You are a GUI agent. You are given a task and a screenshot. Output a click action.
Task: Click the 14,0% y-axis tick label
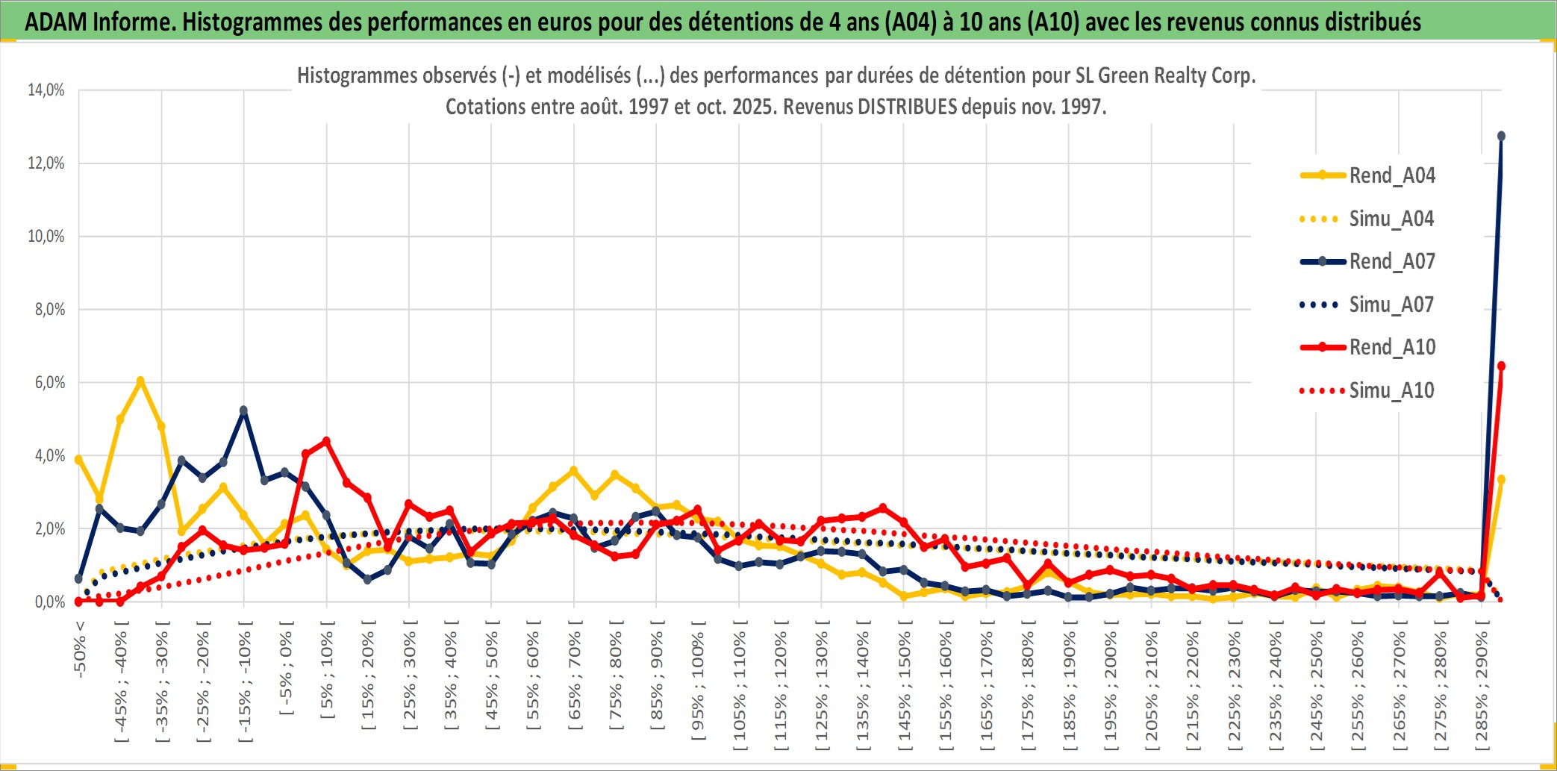point(46,90)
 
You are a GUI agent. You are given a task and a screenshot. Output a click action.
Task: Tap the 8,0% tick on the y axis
point(49,309)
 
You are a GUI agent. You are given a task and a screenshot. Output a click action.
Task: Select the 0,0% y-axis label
point(49,602)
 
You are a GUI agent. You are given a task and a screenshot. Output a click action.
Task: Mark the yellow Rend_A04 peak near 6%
point(140,381)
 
